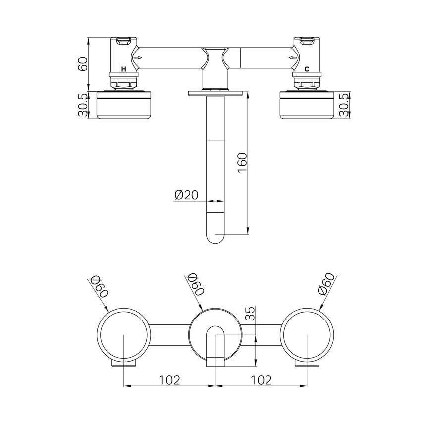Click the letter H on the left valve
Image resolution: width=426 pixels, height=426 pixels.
[x=124, y=69]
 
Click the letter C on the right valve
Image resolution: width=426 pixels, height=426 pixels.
[x=307, y=69]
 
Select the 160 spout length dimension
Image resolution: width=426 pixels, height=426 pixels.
[x=242, y=162]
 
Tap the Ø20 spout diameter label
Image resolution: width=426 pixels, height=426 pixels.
[x=186, y=195]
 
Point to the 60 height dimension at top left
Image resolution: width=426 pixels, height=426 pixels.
[x=83, y=64]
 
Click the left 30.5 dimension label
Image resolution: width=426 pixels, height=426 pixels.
[x=83, y=105]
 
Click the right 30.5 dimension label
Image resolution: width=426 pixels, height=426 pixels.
[x=344, y=105]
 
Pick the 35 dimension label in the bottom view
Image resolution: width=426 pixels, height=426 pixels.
[x=252, y=314]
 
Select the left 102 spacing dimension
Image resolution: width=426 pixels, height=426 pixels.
[x=169, y=380]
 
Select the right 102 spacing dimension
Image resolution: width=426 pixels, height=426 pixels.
[x=261, y=380]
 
